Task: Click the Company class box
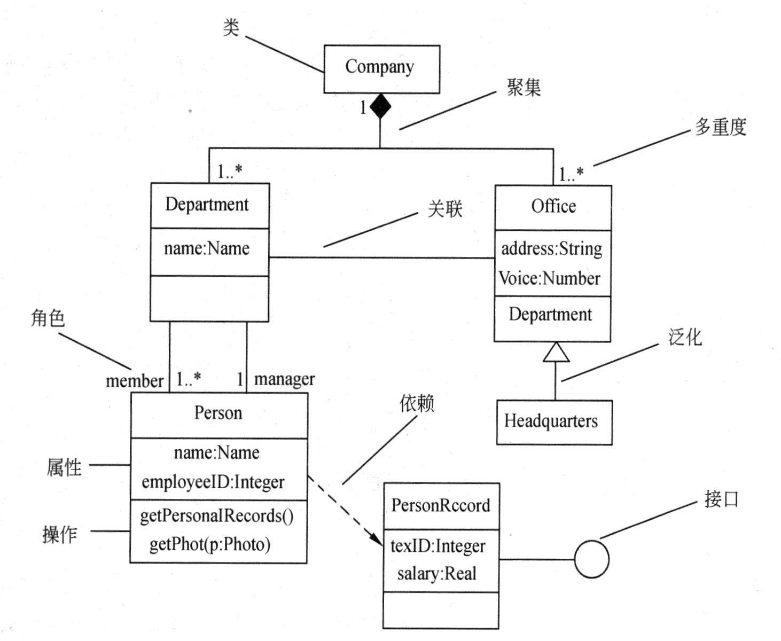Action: click(x=381, y=69)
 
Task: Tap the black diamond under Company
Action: click(x=380, y=106)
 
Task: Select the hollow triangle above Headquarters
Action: click(x=556, y=353)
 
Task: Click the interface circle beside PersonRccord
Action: click(x=591, y=559)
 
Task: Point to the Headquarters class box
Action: click(x=554, y=422)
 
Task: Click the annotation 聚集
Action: click(x=524, y=87)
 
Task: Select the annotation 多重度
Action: click(x=720, y=127)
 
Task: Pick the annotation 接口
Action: click(x=721, y=499)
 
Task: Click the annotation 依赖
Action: click(x=417, y=403)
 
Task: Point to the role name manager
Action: click(x=284, y=379)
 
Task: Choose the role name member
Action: click(x=134, y=381)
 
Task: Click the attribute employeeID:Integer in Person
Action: click(x=213, y=482)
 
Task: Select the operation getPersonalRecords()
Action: click(x=216, y=516)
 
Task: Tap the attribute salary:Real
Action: click(x=436, y=574)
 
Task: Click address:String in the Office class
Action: click(x=551, y=249)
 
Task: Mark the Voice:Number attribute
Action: click(x=549, y=278)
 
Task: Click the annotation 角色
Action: click(x=48, y=318)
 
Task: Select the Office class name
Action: click(x=553, y=206)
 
